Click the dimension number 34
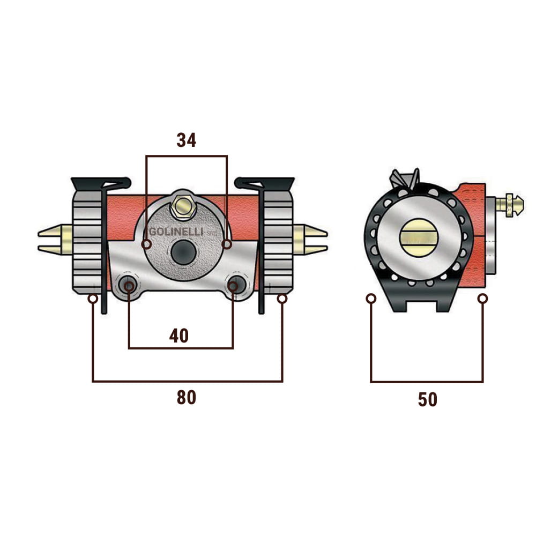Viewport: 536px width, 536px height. (187, 140)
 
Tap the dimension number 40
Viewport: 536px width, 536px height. (179, 336)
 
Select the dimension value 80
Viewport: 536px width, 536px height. (187, 398)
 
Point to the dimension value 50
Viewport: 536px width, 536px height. (427, 399)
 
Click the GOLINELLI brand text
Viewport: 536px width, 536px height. (176, 232)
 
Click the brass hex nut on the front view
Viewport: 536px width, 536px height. (183, 206)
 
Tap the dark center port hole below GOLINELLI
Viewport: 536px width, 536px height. (183, 252)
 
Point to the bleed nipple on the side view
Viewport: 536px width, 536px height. (509, 204)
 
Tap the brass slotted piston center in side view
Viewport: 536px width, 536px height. (419, 237)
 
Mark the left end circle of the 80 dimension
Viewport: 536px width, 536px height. (93, 299)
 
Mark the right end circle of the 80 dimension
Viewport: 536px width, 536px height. (282, 299)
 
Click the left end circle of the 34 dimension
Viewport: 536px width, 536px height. (146, 244)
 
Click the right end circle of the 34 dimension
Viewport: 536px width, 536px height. (227, 244)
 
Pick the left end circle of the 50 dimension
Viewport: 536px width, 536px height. (371, 299)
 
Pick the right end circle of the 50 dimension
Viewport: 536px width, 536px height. (483, 299)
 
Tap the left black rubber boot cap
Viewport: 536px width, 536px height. (100, 184)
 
